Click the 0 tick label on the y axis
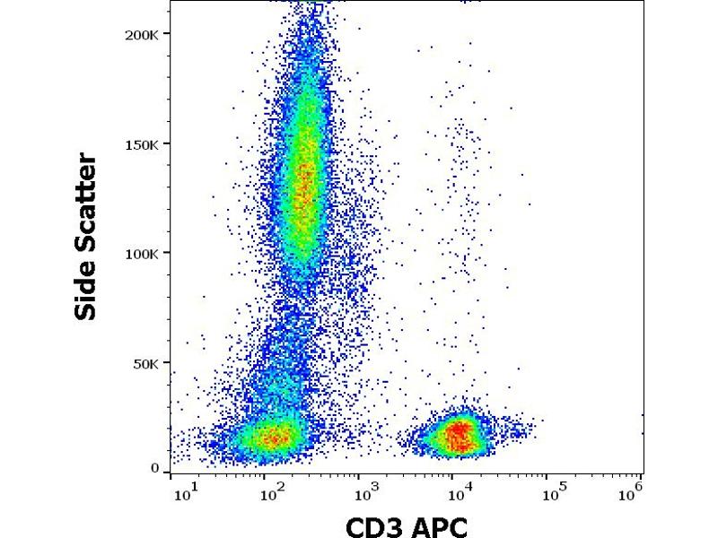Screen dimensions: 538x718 coord(155,468)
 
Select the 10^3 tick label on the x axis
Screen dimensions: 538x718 coord(366,491)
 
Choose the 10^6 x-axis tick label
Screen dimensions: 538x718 coord(635,491)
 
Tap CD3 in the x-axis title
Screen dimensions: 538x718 coord(373,525)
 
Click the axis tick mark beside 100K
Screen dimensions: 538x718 coord(167,254)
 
